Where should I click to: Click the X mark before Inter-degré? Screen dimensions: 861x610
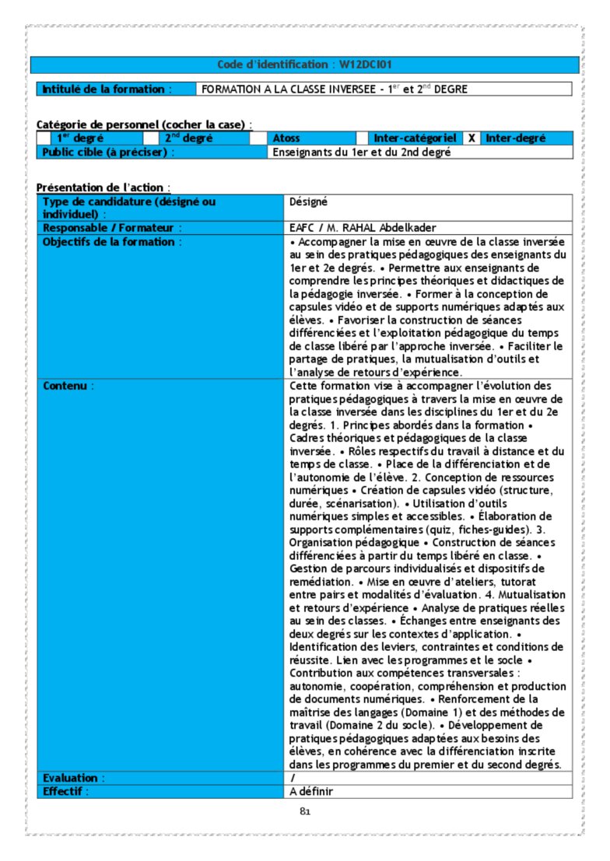(x=472, y=138)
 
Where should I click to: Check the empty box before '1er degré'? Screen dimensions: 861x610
(x=44, y=138)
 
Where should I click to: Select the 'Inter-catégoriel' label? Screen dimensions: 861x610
(x=415, y=138)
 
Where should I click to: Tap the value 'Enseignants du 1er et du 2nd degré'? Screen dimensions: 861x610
(x=362, y=152)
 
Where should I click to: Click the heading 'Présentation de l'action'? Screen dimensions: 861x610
(x=103, y=187)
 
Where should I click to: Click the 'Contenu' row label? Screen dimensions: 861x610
(x=68, y=386)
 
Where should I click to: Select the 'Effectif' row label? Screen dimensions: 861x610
(x=66, y=791)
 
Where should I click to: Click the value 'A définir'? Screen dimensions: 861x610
(x=312, y=791)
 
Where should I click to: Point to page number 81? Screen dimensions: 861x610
(x=305, y=812)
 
